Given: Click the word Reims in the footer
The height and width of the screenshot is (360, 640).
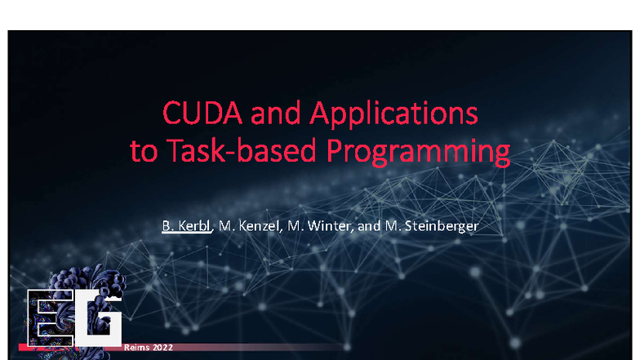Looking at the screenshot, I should coord(137,348).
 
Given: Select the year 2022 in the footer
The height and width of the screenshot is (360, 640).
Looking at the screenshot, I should coord(162,348).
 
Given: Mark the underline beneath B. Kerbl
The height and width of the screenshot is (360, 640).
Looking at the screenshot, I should coord(187,232).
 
